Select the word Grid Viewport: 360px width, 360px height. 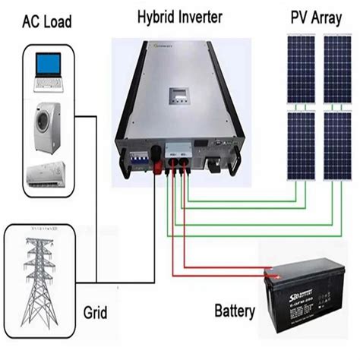point(95,312)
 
